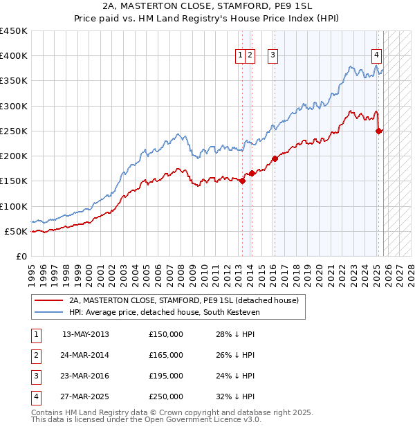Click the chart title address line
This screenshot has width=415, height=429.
coord(207,7)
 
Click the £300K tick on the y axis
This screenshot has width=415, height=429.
coord(14,106)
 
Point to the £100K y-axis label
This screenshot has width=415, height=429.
coord(14,206)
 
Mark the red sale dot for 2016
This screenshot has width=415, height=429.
coord(275,158)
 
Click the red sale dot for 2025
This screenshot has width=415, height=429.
coord(378,131)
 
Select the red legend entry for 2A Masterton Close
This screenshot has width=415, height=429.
coord(183,300)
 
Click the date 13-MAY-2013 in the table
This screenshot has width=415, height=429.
coord(85,334)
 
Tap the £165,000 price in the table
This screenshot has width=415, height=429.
coord(166,355)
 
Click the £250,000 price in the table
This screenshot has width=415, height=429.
coord(166,396)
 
